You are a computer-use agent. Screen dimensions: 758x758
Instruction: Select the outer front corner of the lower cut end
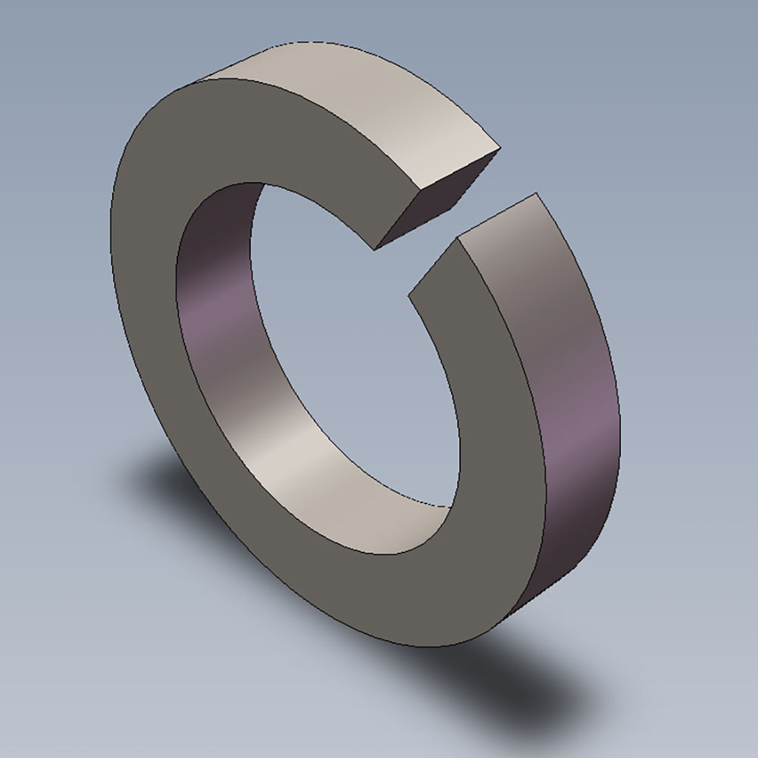click(458, 240)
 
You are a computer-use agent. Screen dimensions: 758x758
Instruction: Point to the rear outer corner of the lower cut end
click(537, 193)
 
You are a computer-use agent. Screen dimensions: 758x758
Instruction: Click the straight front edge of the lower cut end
click(434, 268)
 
